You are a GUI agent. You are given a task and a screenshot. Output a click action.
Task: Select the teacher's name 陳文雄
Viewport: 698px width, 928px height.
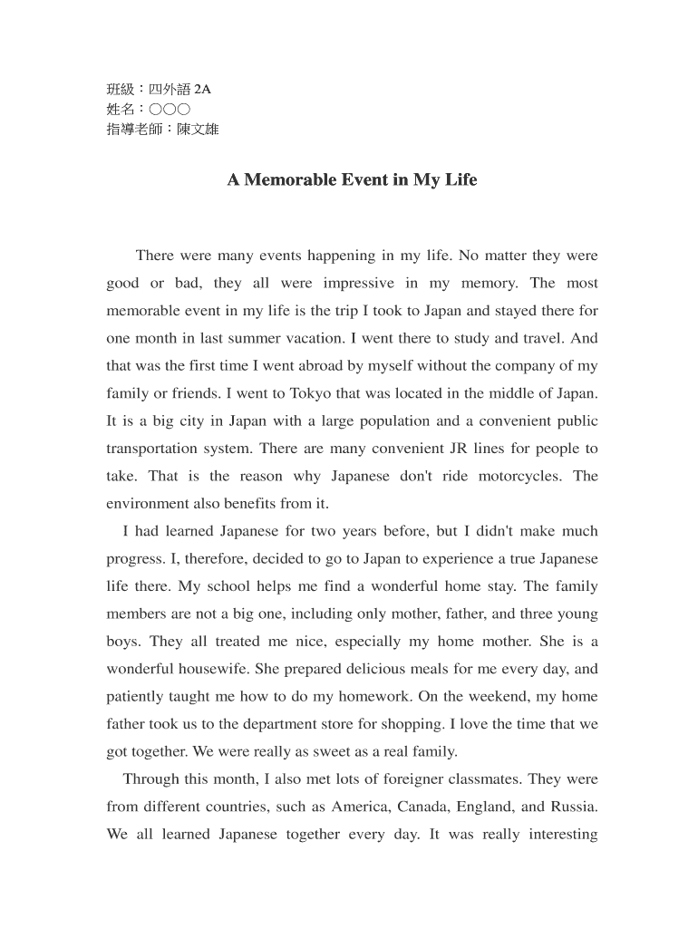(x=198, y=129)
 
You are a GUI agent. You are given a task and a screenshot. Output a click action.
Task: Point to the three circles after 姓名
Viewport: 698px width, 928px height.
(x=170, y=109)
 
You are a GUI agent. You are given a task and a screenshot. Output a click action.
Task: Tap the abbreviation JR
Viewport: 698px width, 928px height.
(x=460, y=449)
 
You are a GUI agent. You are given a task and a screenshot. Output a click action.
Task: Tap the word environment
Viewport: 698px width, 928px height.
(x=148, y=504)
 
